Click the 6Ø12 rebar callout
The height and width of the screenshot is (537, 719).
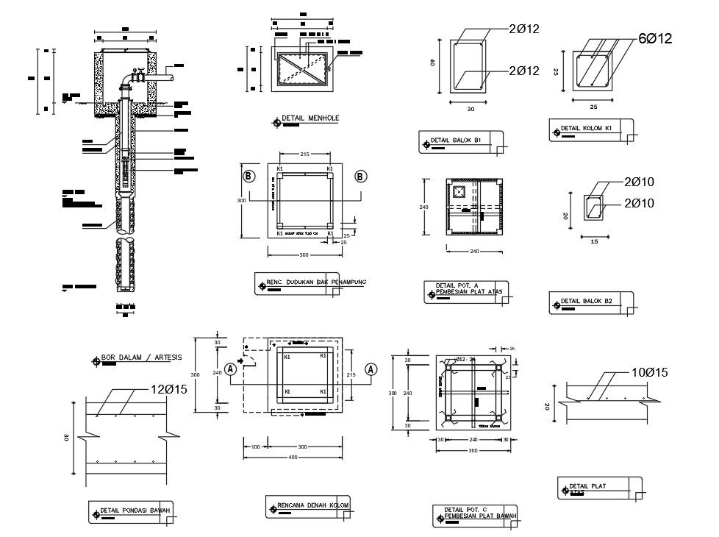655,38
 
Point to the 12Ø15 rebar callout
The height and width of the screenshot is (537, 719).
170,389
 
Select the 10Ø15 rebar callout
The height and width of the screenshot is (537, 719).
649,373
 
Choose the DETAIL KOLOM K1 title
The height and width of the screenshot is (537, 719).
587,128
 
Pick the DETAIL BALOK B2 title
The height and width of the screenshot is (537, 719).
587,301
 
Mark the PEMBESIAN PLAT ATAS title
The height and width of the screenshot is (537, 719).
468,292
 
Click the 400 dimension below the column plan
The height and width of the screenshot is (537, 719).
293,458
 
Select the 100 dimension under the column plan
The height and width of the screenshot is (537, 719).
255,447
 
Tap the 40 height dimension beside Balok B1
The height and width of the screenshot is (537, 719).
434,63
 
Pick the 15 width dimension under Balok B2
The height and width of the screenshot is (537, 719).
593,241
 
